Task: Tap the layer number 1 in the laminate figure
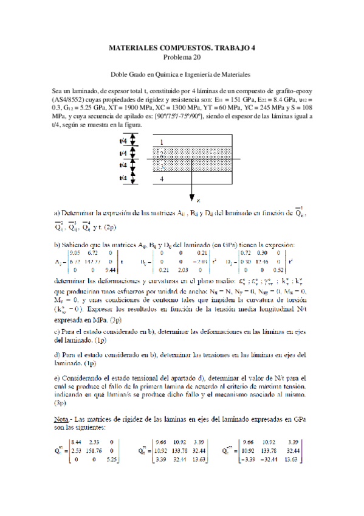click(161, 142)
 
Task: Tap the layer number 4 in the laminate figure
click(161, 180)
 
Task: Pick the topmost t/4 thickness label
click(124, 141)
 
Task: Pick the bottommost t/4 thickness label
click(124, 178)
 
